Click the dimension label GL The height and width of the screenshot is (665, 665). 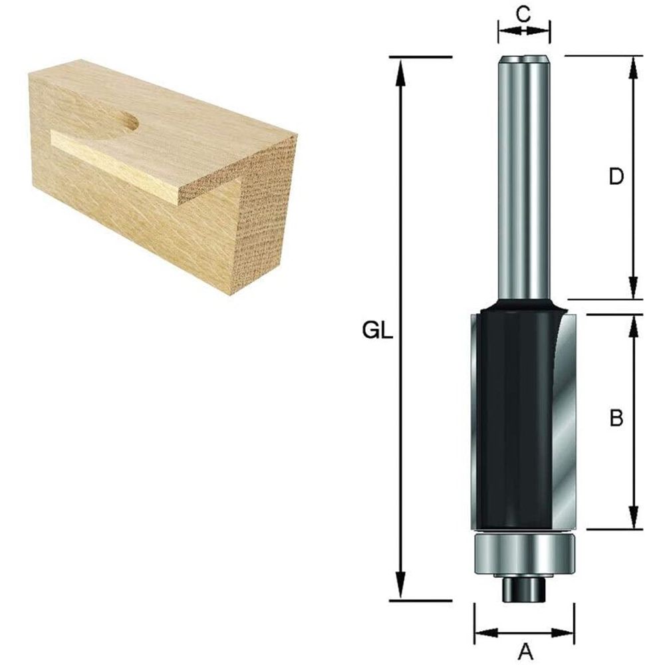pyautogui.click(x=378, y=331)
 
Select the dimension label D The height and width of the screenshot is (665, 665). pyautogui.click(x=616, y=177)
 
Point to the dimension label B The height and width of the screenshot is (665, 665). pyautogui.click(x=616, y=418)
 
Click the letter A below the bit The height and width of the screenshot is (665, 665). pyautogui.click(x=525, y=650)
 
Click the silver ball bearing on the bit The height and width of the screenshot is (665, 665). pyautogui.click(x=523, y=553)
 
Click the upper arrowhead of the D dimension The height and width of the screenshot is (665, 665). pyautogui.click(x=634, y=65)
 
